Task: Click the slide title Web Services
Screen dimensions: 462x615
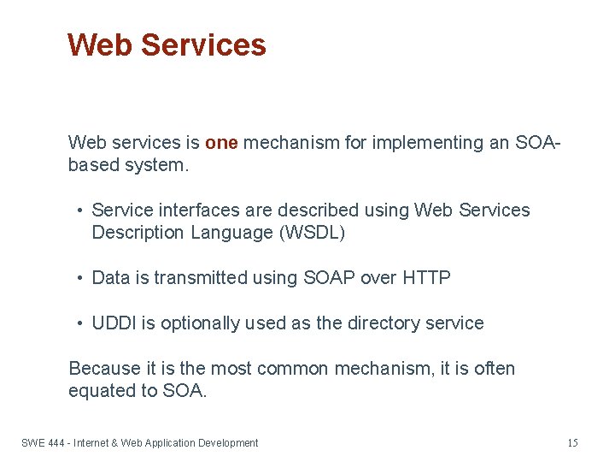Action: pyautogui.click(x=167, y=44)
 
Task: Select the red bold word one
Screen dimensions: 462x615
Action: pyautogui.click(x=221, y=143)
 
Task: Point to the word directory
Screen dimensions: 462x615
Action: pyautogui.click(x=389, y=323)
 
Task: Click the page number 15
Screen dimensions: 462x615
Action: pyautogui.click(x=572, y=443)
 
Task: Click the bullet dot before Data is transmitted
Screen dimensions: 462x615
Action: pyautogui.click(x=79, y=279)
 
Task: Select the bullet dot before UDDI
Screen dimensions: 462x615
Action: pyautogui.click(x=79, y=324)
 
